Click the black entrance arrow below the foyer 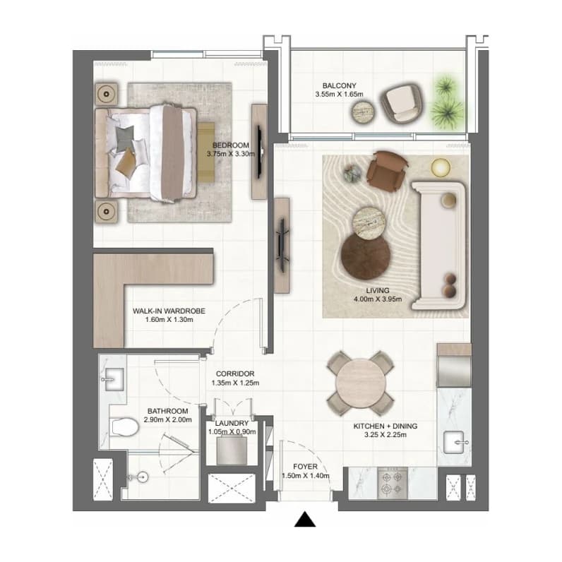tap(305, 520)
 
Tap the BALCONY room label tap(339, 85)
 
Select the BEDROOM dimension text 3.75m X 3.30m tap(230, 154)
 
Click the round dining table tap(361, 383)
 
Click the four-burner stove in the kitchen tap(392, 483)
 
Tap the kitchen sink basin tap(454, 442)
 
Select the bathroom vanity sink tap(114, 379)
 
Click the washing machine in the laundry tap(232, 450)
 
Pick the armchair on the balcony tap(401, 104)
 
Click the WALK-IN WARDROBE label tap(169, 311)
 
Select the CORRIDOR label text tap(235, 373)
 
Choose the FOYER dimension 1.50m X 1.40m tap(306, 476)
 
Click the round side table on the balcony tap(364, 112)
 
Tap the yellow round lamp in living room tap(441, 168)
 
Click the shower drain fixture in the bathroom tap(143, 477)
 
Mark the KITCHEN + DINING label tap(385, 426)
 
